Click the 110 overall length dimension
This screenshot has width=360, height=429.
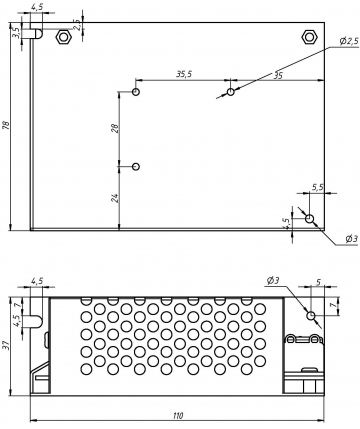(x=178, y=416)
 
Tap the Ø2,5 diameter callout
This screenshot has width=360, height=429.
(x=349, y=41)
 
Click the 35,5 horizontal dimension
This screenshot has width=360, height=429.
(x=184, y=74)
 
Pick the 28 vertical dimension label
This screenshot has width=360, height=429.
(x=114, y=128)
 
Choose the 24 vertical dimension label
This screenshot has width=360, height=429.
(x=114, y=198)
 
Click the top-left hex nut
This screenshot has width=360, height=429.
(x=63, y=37)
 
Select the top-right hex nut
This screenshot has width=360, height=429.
(x=309, y=37)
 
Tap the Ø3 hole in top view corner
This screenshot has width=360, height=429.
(x=310, y=219)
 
